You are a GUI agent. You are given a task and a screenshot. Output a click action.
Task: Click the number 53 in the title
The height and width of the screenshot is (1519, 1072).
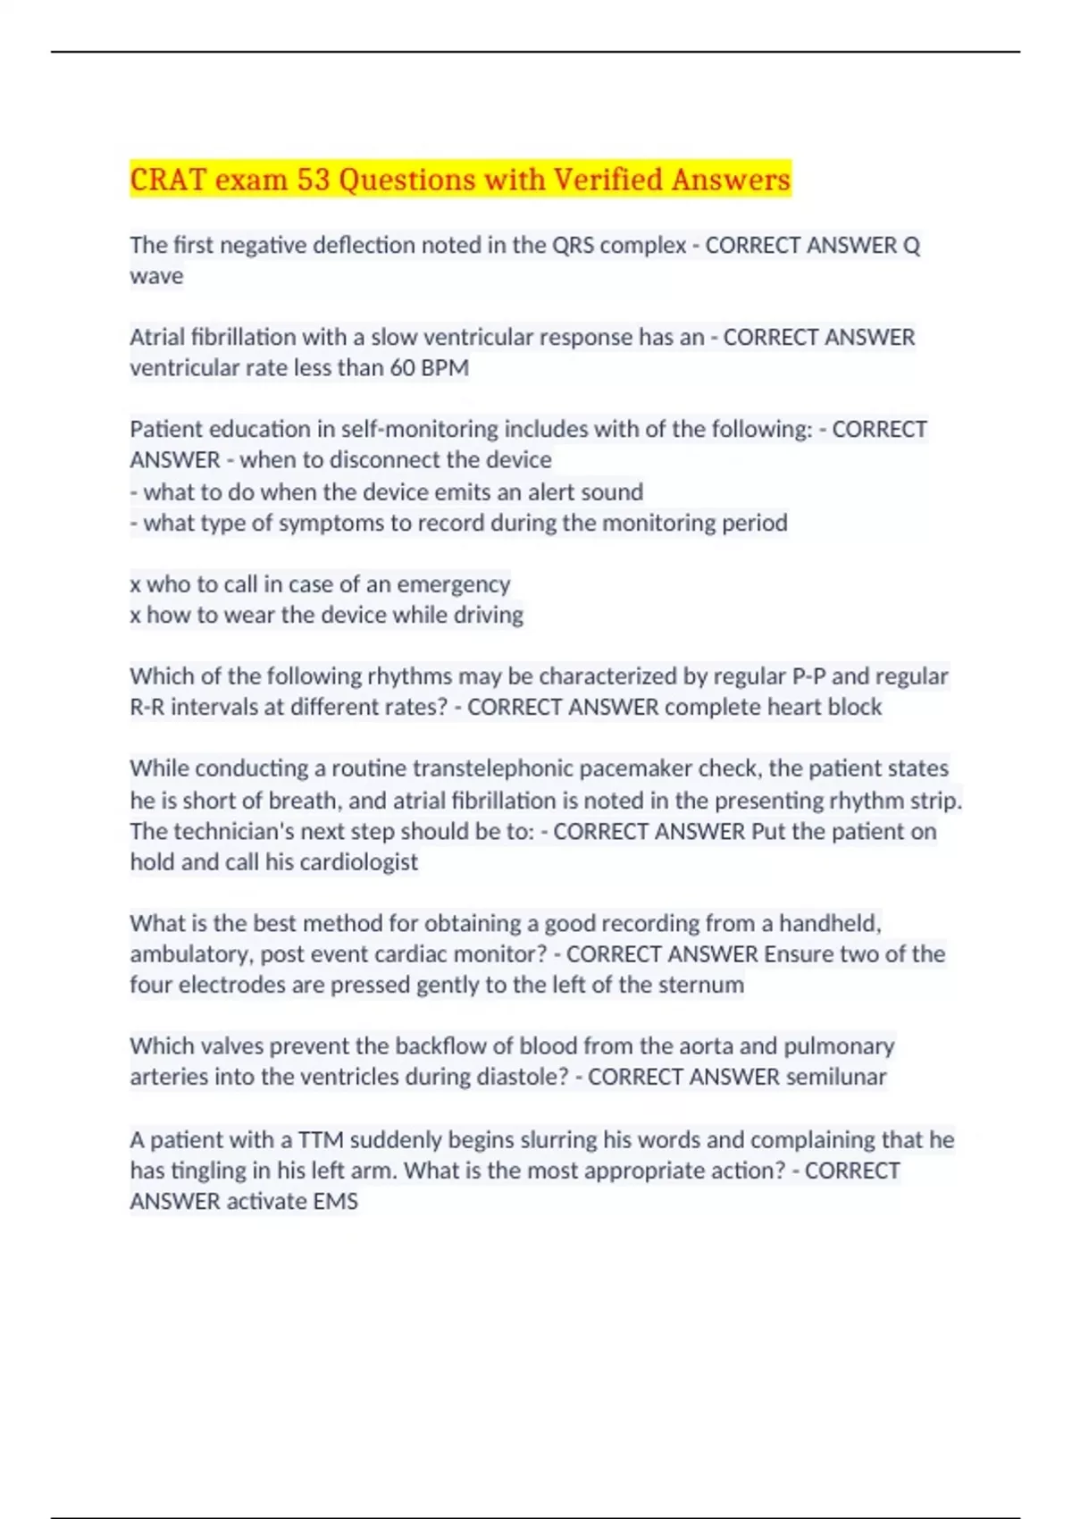(x=314, y=180)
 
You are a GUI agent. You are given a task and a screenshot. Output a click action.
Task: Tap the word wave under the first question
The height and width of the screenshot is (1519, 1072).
(x=156, y=276)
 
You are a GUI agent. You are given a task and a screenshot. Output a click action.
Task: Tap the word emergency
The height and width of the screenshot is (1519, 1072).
(x=453, y=584)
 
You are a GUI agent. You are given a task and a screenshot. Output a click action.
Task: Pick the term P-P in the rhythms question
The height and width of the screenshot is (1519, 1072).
(x=808, y=676)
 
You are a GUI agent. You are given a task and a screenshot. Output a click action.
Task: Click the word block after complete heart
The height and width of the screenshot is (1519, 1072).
(x=854, y=707)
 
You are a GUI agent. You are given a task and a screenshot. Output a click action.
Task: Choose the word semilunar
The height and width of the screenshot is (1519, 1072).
(x=836, y=1077)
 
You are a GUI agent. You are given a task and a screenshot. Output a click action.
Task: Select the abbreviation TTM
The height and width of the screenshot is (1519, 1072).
(x=321, y=1140)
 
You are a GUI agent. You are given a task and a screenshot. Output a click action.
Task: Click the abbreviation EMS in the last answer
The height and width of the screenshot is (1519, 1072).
(x=335, y=1202)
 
